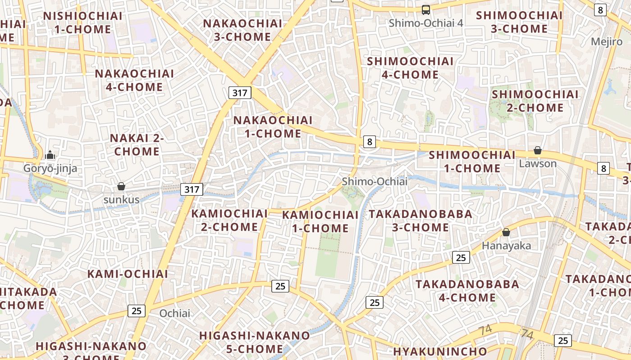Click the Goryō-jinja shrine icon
tap(50, 155)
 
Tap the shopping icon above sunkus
tap(121, 186)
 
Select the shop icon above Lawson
tap(538, 150)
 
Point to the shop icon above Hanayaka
tap(506, 232)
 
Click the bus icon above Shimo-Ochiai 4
tap(425, 10)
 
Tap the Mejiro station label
tap(606, 42)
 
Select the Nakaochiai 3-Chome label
tap(242, 30)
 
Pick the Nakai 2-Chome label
tap(137, 145)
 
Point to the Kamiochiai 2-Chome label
tap(230, 220)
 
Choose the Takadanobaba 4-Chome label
tap(467, 291)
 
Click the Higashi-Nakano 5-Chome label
tap(255, 342)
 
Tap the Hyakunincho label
tap(440, 351)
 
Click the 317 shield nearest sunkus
tap(192, 189)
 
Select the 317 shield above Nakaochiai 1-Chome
tap(240, 93)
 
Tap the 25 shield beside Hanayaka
tap(461, 257)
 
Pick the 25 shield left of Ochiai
tap(137, 310)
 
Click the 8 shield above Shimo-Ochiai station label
tap(370, 142)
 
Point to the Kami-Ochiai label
tap(128, 274)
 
